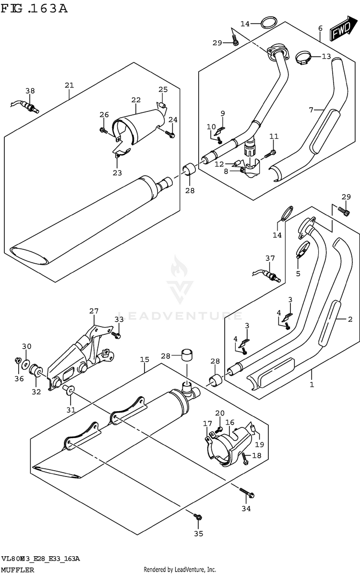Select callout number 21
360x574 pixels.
(x=69, y=85)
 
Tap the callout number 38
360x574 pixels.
(x=30, y=91)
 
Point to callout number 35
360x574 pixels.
(x=198, y=533)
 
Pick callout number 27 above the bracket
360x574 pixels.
(x=93, y=311)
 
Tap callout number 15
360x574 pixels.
(x=144, y=359)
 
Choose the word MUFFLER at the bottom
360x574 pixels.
(x=18, y=569)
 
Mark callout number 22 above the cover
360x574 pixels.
(x=136, y=100)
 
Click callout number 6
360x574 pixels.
(x=320, y=28)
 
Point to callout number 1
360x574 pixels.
(x=312, y=384)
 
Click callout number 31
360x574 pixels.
(x=71, y=409)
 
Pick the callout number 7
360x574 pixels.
(x=311, y=110)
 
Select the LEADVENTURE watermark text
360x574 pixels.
(x=180, y=316)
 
